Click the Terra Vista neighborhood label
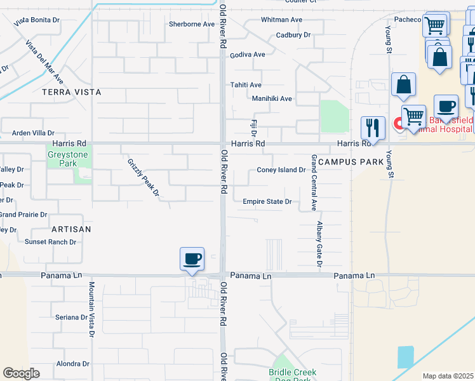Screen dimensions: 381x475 point(71,92)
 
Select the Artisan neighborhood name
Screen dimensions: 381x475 point(71,229)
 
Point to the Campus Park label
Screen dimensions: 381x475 point(351,162)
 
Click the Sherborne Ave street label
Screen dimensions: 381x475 point(192,24)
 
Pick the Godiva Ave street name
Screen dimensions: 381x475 point(248,55)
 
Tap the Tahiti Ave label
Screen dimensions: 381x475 point(247,85)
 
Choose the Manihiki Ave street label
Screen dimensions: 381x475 point(272,99)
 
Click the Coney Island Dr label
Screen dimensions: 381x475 point(281,170)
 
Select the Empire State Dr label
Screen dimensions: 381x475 point(267,202)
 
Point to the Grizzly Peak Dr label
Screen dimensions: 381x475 point(142,177)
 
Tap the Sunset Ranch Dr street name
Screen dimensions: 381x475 point(50,242)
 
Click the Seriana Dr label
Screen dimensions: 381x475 point(70,317)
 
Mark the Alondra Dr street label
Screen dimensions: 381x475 point(73,364)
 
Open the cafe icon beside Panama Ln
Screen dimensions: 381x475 point(192,259)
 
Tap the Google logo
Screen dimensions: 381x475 point(21,373)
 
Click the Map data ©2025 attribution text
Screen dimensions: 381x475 point(448,376)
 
